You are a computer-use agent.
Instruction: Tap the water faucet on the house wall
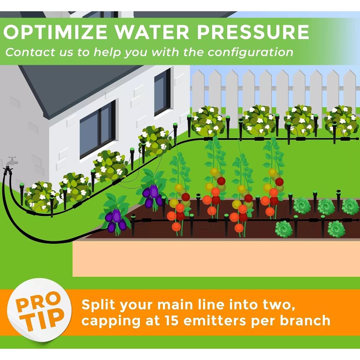coord(11,162)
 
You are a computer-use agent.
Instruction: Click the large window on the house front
coord(97,128)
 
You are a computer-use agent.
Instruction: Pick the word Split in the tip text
coord(97,305)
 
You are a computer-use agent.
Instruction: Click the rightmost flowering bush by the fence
coord(341,120)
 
